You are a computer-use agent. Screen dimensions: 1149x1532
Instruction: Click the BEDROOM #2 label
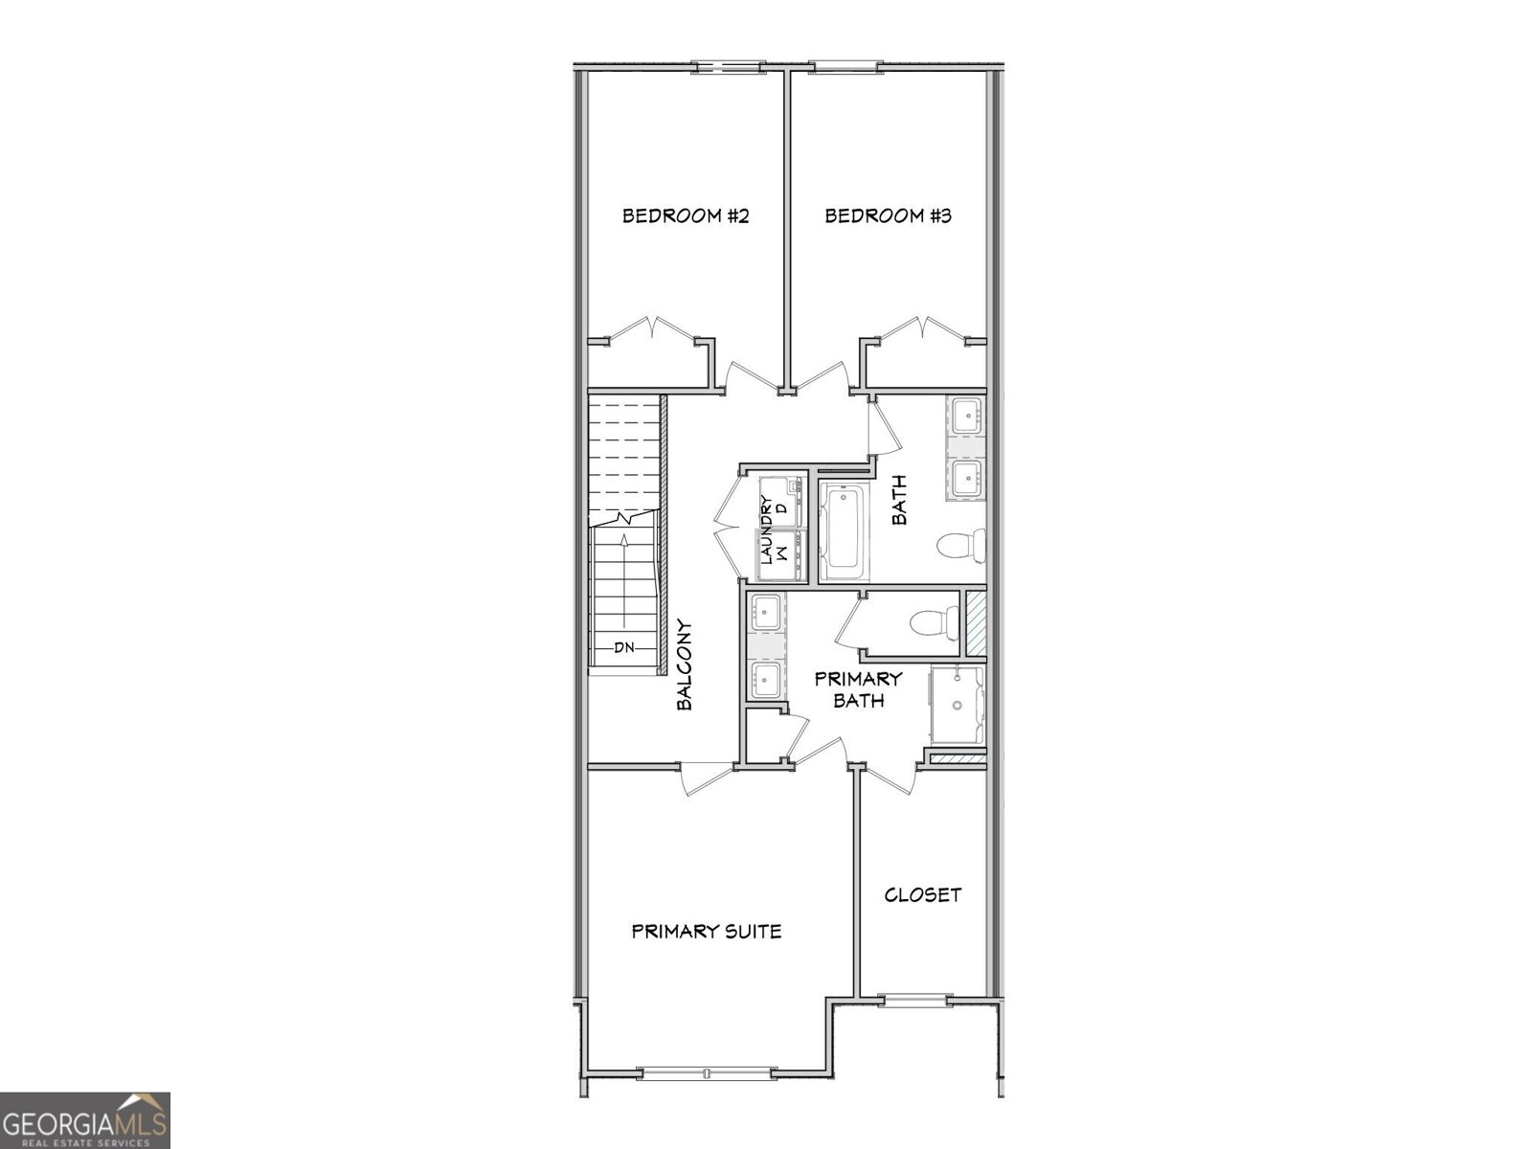(x=685, y=215)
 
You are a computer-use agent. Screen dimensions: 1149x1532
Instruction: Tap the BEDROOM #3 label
(x=888, y=215)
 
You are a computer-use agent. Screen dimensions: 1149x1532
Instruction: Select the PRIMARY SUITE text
(x=707, y=931)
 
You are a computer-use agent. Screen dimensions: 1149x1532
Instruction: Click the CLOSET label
(x=922, y=895)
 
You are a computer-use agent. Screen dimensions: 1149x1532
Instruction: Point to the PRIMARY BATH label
(x=858, y=689)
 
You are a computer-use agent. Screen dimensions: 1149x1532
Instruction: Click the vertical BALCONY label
(x=684, y=665)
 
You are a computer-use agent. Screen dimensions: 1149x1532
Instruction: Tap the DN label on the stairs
(x=624, y=647)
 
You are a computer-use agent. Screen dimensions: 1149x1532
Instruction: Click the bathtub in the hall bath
(x=844, y=531)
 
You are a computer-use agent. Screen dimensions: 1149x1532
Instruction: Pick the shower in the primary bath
(x=956, y=706)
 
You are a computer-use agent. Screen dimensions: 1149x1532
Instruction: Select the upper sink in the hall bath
(x=966, y=417)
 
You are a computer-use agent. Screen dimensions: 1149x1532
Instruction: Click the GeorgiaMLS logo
(x=85, y=1119)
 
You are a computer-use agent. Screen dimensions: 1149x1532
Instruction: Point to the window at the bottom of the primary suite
(x=706, y=1073)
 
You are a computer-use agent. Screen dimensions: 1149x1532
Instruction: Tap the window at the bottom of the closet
(x=915, y=1001)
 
